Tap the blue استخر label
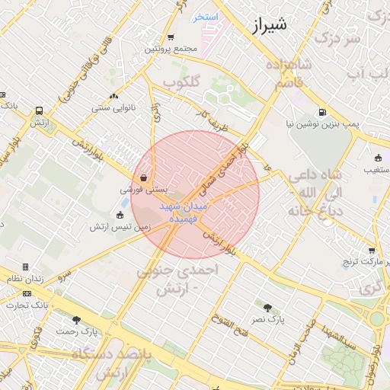(205, 17)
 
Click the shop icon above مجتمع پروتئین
(171, 37)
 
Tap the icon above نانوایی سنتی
(113, 96)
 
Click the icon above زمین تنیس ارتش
(122, 215)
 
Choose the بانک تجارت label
(27, 305)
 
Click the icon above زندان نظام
(25, 267)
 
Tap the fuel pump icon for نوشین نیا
(321, 111)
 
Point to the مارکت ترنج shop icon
(372, 250)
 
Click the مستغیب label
(374, 168)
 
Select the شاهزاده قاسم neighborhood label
(289, 75)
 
